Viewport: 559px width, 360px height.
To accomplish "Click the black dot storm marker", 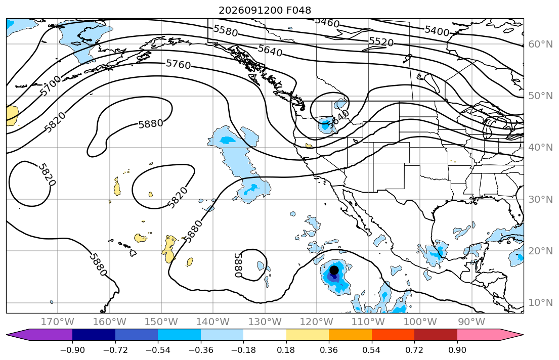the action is point(334,270).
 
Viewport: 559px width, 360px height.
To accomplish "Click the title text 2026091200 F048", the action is point(265,10).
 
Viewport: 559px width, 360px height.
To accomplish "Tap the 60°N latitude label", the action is point(540,44).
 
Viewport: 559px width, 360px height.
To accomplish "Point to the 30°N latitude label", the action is point(540,199).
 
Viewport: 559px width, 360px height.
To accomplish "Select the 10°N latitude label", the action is point(540,303).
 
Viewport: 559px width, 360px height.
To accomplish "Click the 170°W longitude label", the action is point(58,322).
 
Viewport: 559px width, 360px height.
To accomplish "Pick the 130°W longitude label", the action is point(265,322).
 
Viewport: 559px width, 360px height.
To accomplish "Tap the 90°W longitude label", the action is point(471,322).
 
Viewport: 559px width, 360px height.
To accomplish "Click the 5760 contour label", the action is point(179,65).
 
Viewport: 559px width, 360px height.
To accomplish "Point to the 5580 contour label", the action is point(225,31).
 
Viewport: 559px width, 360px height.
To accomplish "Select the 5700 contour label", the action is point(51,86).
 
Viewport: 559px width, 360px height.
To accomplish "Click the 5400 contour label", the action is point(437,31).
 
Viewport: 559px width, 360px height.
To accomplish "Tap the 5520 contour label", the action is point(381,41).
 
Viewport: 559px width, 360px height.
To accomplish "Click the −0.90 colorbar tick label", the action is point(72,350).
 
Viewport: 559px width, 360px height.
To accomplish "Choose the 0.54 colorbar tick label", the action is point(371,350).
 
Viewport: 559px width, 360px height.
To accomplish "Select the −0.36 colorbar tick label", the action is point(201,350).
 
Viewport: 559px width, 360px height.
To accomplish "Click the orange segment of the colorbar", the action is point(350,335).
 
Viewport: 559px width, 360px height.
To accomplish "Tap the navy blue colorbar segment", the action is point(94,335).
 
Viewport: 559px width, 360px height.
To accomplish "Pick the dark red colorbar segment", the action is point(436,335).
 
